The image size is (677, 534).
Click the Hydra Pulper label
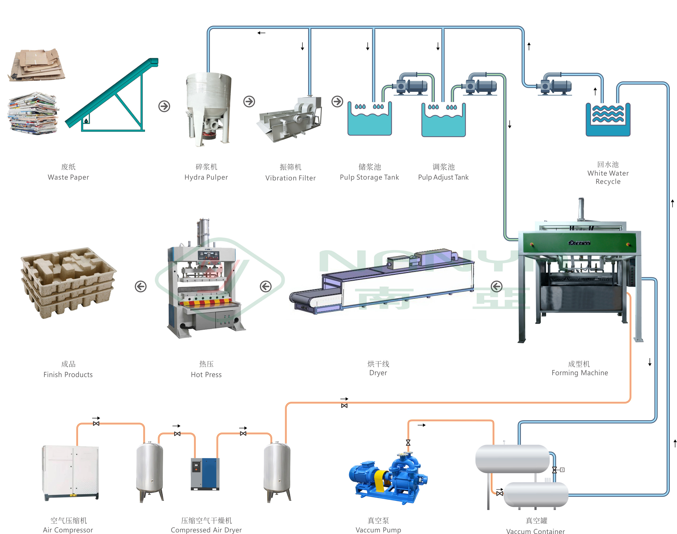click(206, 177)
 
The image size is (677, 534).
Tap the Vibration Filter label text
click(290, 178)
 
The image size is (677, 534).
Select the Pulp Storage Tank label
click(369, 177)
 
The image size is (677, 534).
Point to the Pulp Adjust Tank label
click(443, 177)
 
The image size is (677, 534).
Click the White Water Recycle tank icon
click(608, 120)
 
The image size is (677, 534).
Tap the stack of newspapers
click(33, 113)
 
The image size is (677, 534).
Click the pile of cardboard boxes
click(37, 65)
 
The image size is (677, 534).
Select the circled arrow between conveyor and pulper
click(164, 106)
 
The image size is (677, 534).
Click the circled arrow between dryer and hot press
click(266, 286)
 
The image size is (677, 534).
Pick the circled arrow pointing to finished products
click(141, 286)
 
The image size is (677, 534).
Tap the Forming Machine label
click(580, 372)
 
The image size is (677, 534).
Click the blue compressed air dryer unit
click(205, 474)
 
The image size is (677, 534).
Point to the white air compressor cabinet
click(71, 472)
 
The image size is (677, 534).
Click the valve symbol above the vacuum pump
click(408, 443)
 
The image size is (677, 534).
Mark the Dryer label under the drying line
click(378, 372)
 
